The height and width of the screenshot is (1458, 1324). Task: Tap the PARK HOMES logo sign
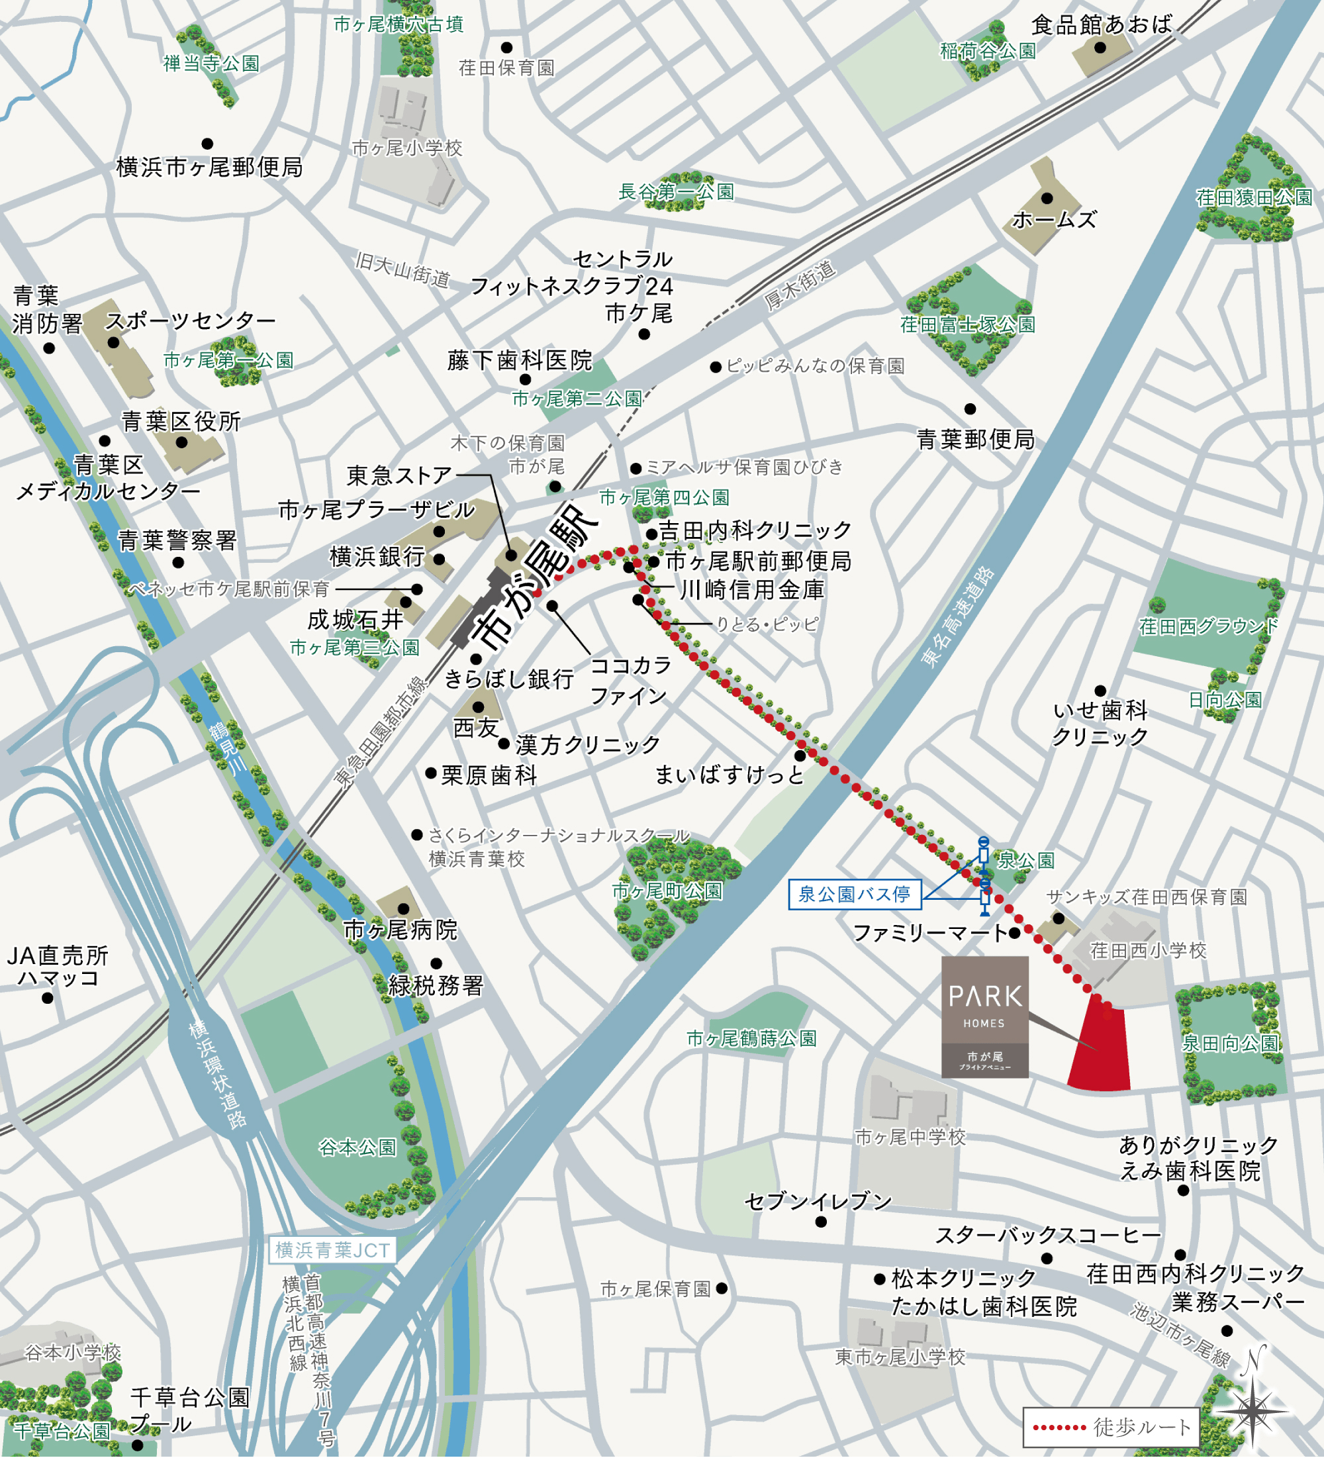tap(984, 1016)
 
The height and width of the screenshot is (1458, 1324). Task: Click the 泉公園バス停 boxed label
tap(854, 895)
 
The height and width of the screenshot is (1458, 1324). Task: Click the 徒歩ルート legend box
tap(1111, 1427)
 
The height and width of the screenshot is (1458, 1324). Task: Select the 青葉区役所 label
tap(181, 421)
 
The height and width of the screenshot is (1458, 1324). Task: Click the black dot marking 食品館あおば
tap(1100, 48)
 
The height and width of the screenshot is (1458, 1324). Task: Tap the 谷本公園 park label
tap(357, 1147)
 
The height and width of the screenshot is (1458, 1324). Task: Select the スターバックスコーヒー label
tap(1048, 1236)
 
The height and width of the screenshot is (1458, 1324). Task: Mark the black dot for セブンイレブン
tap(821, 1222)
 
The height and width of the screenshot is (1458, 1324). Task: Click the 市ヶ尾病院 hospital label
tap(400, 930)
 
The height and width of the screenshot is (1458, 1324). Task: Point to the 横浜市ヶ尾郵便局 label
tap(210, 168)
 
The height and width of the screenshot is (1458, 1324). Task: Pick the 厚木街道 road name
tap(800, 285)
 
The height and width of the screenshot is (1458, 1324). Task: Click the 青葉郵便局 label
tap(976, 440)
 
